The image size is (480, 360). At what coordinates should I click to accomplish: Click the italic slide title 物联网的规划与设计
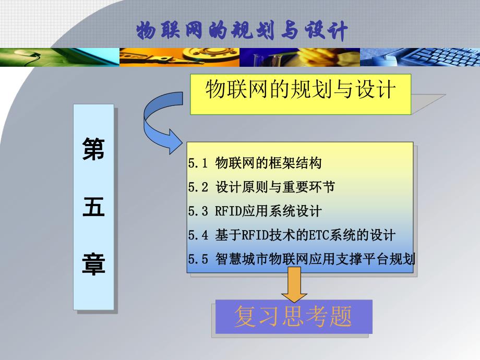point(242,31)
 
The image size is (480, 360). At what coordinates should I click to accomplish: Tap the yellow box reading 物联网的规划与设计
point(300,93)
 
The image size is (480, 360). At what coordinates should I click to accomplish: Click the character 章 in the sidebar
point(94,264)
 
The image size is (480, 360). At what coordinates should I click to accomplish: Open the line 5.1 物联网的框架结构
point(255,163)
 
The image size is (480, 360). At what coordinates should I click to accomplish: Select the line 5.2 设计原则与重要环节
point(261,187)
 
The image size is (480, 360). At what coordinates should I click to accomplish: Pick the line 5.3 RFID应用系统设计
point(255,211)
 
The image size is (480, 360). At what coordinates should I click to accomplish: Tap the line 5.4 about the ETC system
point(292,235)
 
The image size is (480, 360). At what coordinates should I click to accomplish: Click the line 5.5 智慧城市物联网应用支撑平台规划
point(302,259)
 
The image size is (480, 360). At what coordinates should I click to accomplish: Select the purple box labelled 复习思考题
point(293,317)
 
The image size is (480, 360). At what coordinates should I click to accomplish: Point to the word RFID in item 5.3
point(227,211)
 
